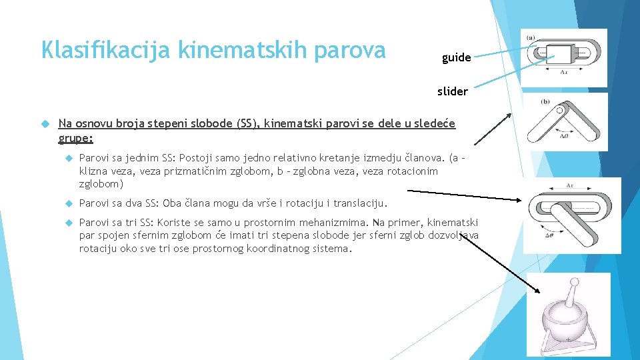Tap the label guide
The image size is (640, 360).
[456, 57]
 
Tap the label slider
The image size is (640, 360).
[453, 91]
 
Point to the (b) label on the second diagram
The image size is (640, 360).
[545, 101]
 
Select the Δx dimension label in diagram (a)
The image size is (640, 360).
[563, 71]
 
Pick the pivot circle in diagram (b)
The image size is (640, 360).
[561, 110]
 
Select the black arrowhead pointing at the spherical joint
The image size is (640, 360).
[539, 291]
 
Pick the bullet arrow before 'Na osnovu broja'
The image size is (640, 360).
[46, 123]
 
